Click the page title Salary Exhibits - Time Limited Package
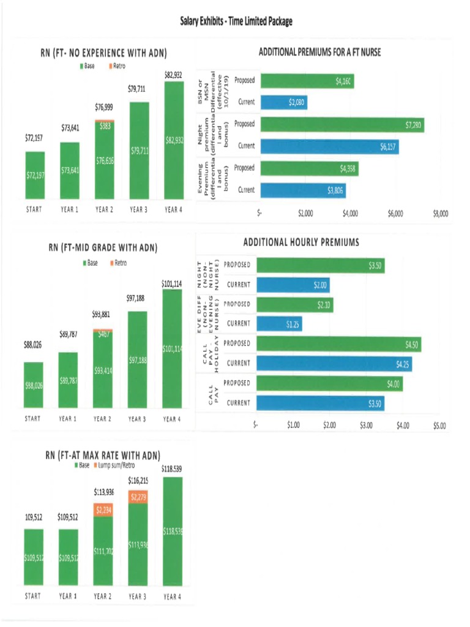pyautogui.click(x=236, y=22)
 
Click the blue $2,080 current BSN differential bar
pyautogui.click(x=282, y=102)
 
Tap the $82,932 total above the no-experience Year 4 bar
pyautogui.click(x=173, y=75)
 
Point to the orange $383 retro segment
pyautogui.click(x=105, y=125)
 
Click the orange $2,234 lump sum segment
pyautogui.click(x=103, y=509)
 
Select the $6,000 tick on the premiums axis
pyautogui.click(x=395, y=214)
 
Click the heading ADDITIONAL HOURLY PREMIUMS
pyautogui.click(x=301, y=242)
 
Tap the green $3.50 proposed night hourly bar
pyautogui.click(x=320, y=265)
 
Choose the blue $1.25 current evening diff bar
pyautogui.click(x=278, y=324)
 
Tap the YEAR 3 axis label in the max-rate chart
pyautogui.click(x=138, y=596)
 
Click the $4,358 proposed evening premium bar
pyautogui.click(x=309, y=168)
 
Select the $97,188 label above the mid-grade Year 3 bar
pyautogui.click(x=138, y=298)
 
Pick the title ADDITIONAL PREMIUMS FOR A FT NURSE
pyautogui.click(x=319, y=53)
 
